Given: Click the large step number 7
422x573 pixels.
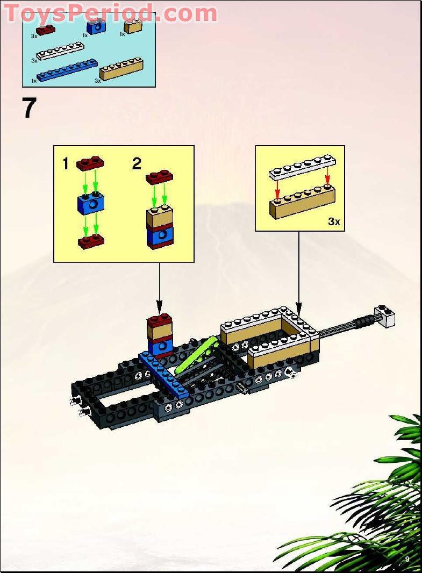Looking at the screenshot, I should point(29,108).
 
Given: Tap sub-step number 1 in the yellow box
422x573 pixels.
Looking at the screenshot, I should point(66,164).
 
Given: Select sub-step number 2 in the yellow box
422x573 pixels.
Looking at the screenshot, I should point(137,164).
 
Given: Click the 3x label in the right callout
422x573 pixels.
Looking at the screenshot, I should point(334,221).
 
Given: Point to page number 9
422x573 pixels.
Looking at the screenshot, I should point(407,559).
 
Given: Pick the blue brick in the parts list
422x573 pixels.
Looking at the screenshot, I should point(97,27).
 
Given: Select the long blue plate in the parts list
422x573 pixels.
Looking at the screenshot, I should point(67,70).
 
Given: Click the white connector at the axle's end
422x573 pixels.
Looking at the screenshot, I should point(385,317).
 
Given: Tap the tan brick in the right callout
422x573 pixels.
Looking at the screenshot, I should point(303,202).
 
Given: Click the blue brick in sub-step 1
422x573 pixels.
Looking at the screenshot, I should point(90,203).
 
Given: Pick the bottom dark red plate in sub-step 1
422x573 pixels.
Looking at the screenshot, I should point(90,241).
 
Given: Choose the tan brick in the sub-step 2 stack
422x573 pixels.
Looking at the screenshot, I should point(160,218).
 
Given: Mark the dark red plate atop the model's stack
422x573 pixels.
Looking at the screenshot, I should point(160,321).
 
